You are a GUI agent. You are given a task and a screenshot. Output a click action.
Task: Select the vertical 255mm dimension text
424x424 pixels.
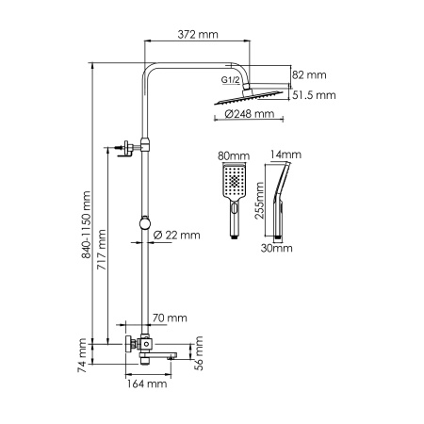tap(262, 198)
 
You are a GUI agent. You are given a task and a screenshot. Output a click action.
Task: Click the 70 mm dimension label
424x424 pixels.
tap(169, 318)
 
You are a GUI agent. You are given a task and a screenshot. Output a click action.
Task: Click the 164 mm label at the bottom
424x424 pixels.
tap(147, 383)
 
